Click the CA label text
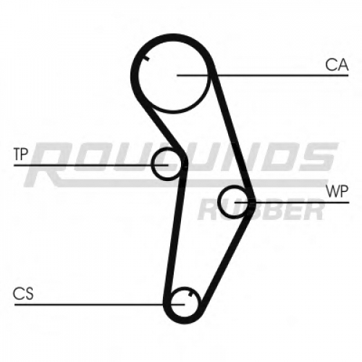point(337,64)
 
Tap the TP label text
point(21,154)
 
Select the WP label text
point(337,191)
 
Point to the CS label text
point(23,293)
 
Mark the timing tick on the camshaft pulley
point(146,58)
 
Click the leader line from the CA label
point(263,75)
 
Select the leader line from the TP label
point(91,165)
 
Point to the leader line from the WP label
point(292,202)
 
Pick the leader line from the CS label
point(99,305)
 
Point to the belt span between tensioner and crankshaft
point(174,232)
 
